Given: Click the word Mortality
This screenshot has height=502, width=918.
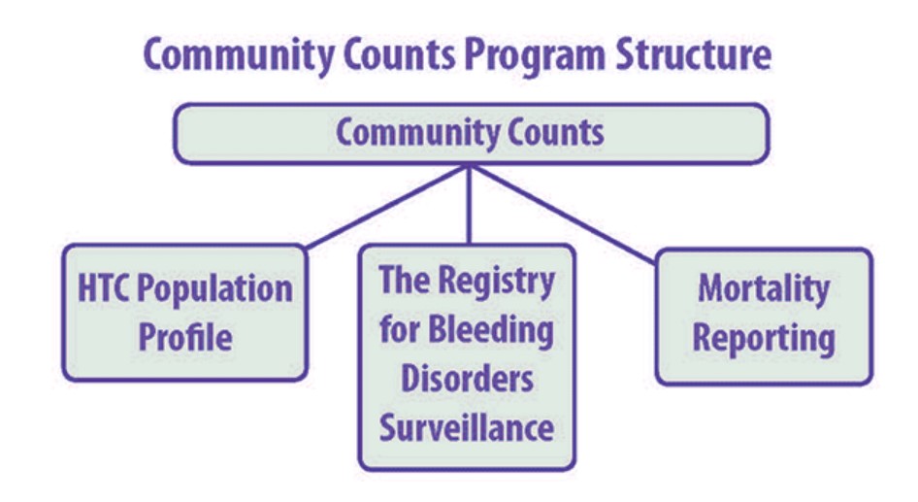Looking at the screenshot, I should click(x=764, y=288).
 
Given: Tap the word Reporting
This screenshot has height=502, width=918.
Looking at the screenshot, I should click(x=764, y=338).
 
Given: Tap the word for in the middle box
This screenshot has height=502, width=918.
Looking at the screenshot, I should click(x=399, y=330).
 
